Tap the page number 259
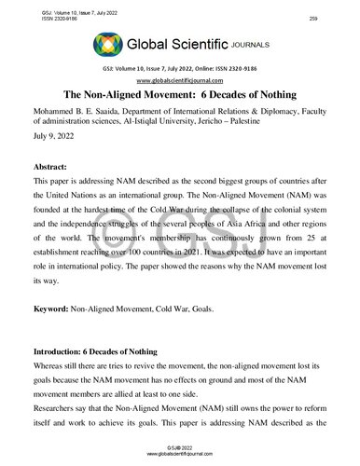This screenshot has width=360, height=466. pyautogui.click(x=339, y=7)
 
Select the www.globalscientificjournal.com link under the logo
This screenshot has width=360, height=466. pyautogui.click(x=179, y=79)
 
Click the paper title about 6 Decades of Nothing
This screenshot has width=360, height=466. pyautogui.click(x=179, y=96)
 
